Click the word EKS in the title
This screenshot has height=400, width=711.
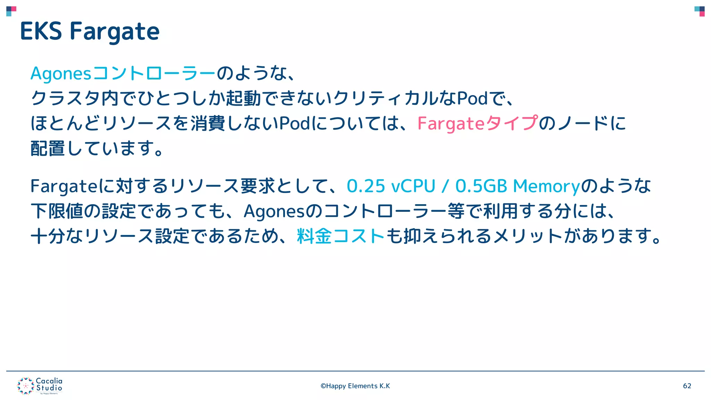41,31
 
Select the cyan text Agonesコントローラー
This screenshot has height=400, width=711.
123,73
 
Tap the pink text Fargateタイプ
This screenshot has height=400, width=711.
477,123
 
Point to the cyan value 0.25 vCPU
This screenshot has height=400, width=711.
391,186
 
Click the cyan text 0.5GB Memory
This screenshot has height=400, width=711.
517,186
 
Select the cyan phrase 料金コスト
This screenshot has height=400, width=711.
341,236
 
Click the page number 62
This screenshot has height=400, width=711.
687,386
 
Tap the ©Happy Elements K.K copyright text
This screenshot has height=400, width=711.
355,386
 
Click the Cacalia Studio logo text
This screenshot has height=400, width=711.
49,384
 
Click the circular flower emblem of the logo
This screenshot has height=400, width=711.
25,386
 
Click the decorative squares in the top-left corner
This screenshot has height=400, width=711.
11,11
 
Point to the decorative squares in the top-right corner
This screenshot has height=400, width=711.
700,11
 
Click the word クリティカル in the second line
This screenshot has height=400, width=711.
385,98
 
